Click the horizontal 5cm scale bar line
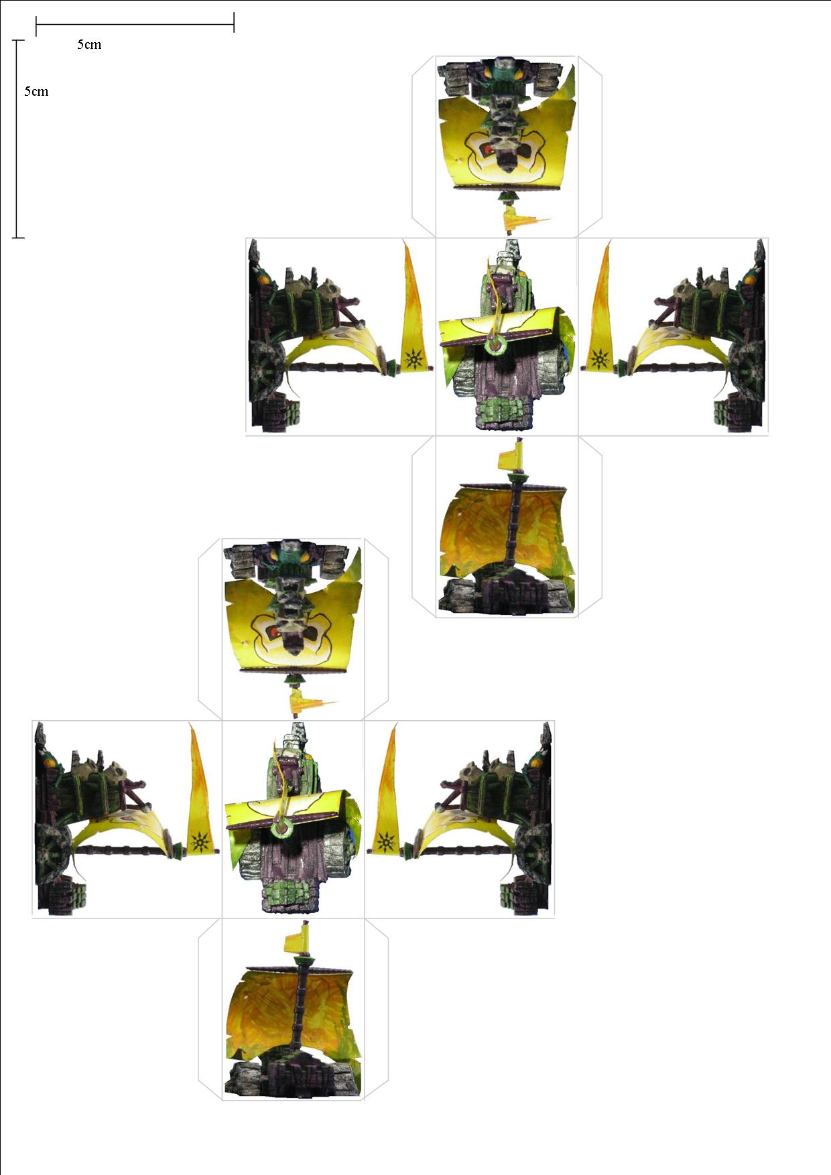click(135, 25)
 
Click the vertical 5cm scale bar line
click(18, 139)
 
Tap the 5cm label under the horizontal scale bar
click(89, 45)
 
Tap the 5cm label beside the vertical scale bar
click(36, 92)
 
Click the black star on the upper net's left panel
click(414, 360)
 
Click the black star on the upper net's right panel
click(598, 360)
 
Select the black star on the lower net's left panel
click(200, 842)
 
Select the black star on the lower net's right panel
click(385, 842)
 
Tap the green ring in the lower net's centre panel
click(283, 828)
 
